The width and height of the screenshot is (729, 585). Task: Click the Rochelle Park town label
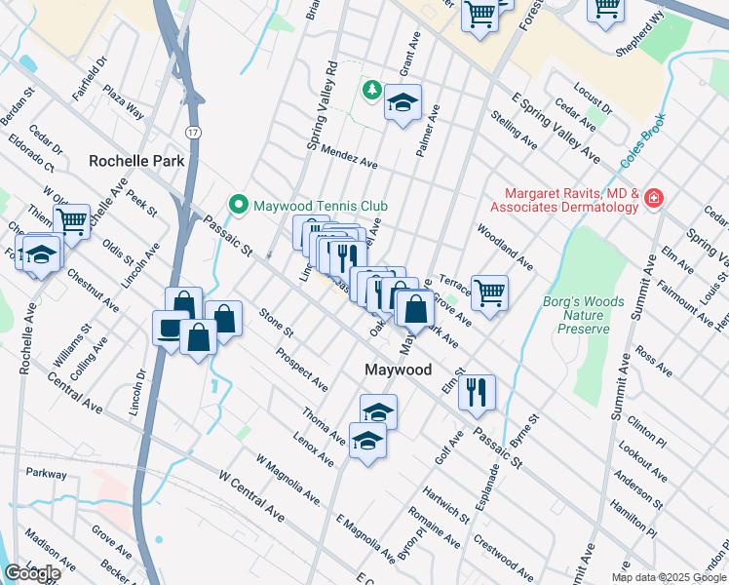(x=136, y=160)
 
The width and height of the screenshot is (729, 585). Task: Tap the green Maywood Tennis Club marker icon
(x=238, y=205)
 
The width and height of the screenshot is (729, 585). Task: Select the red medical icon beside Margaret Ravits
(x=653, y=200)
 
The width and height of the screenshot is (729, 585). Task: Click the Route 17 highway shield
(x=193, y=130)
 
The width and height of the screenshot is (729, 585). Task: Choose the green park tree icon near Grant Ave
(x=371, y=91)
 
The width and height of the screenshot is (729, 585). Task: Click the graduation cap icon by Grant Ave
(x=403, y=102)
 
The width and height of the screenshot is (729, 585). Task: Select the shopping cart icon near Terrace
(x=490, y=291)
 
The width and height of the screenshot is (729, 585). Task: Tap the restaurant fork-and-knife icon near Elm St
(x=477, y=392)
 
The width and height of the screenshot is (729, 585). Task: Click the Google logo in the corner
(x=32, y=573)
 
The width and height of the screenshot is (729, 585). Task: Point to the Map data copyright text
(x=669, y=577)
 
